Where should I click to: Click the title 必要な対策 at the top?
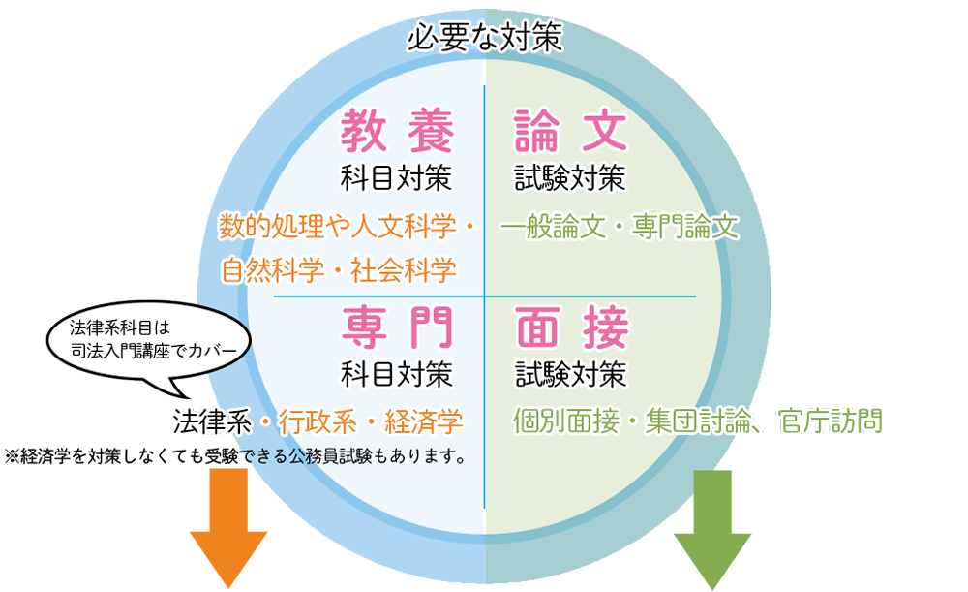tap(484, 39)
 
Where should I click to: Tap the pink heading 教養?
tap(397, 133)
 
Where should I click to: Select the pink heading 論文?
tap(571, 133)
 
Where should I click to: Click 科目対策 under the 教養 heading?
tap(397, 179)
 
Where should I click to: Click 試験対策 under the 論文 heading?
tap(570, 179)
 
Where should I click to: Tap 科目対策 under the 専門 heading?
tap(397, 373)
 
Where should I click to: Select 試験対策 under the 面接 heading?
tap(570, 373)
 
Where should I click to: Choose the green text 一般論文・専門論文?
tap(620, 228)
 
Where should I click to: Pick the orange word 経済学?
tap(422, 421)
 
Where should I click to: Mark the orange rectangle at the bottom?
tap(228, 533)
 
